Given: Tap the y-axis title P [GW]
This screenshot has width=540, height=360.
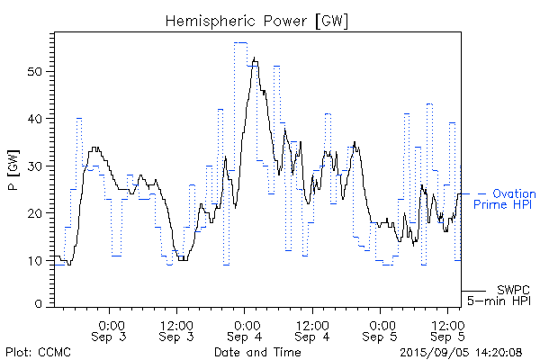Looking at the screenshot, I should pyautogui.click(x=13, y=168).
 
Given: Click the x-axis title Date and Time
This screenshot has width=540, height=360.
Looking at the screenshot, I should pyautogui.click(x=256, y=352).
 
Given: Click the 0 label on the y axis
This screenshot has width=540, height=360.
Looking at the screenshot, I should pyautogui.click(x=40, y=304).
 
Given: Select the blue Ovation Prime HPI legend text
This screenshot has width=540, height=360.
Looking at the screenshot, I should pyautogui.click(x=506, y=199).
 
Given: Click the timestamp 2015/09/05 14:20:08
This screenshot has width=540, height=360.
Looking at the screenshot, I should pyautogui.click(x=460, y=352).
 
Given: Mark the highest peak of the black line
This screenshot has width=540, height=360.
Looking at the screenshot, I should pyautogui.click(x=255, y=58).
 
